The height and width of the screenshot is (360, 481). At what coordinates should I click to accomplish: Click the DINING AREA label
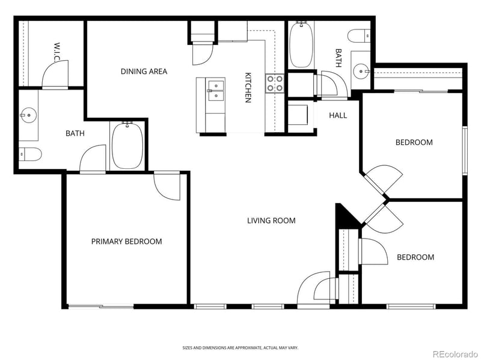144,72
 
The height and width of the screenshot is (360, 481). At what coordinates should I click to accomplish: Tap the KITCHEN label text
248,87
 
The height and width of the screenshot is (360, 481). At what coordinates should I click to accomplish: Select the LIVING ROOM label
271,221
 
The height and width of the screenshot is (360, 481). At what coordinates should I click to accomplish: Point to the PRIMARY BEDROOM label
126,242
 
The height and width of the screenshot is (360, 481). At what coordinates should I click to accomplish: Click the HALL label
338,115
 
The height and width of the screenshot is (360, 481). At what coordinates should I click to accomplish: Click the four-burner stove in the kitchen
275,84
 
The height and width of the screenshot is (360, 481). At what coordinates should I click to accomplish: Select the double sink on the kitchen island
216,91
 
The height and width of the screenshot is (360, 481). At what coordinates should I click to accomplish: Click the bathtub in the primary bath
127,145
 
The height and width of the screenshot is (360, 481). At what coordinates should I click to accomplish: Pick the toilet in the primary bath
30,154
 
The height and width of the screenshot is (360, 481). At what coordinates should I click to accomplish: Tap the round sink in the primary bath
28,115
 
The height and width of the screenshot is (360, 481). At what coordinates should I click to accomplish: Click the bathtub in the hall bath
301,44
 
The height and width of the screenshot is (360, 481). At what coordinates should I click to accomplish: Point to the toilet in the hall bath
359,36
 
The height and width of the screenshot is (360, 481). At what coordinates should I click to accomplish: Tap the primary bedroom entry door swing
167,186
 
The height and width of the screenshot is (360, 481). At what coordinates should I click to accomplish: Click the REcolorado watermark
455,354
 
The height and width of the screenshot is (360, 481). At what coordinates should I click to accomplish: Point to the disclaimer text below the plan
240,348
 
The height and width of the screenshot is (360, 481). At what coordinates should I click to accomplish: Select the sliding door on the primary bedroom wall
100,306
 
